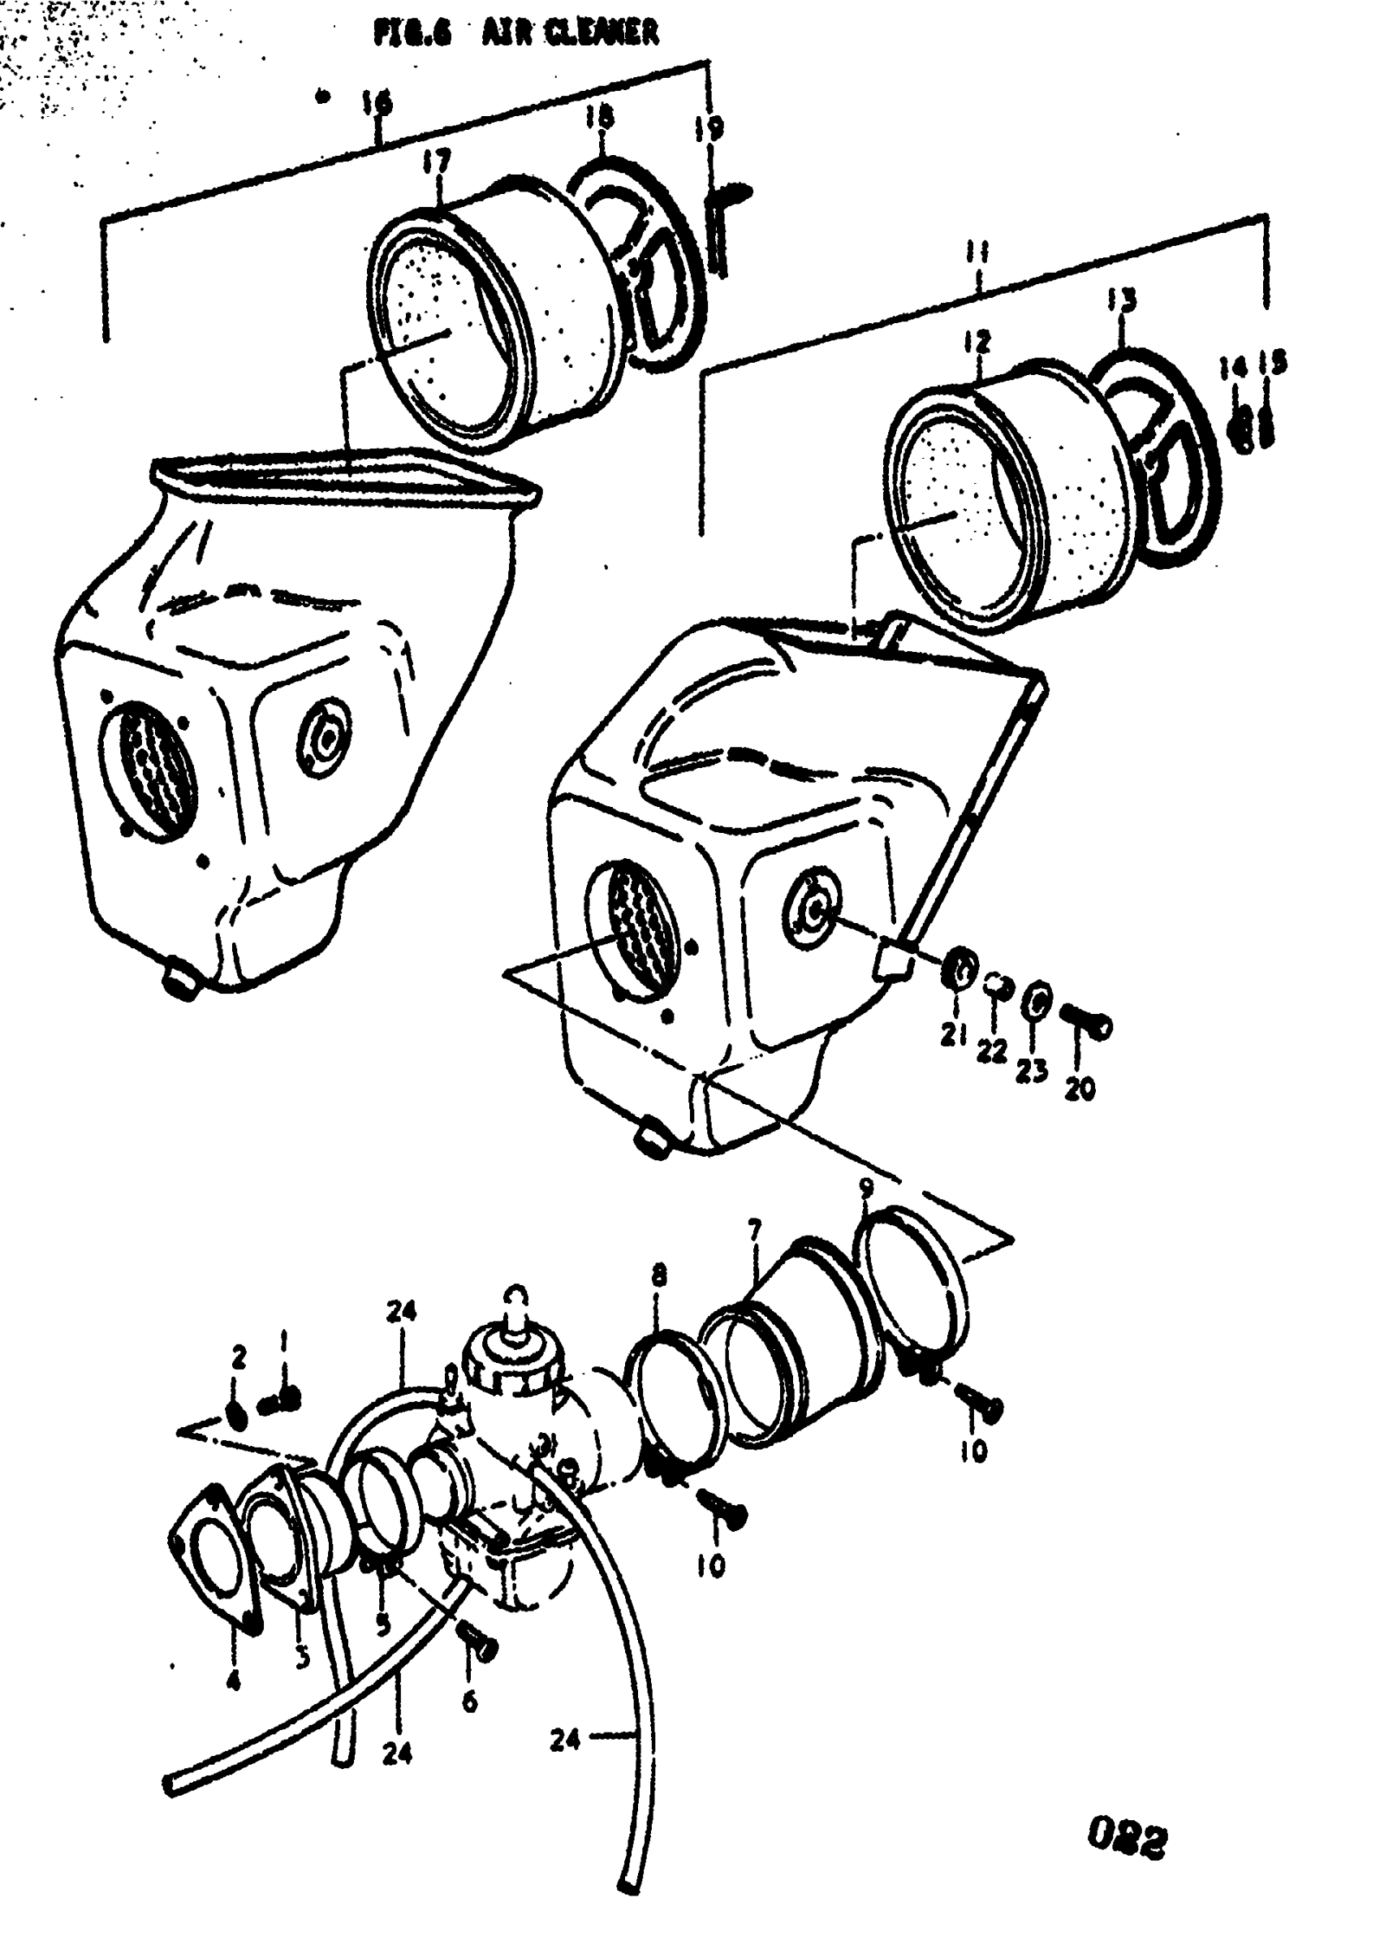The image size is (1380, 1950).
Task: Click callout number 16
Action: (x=377, y=104)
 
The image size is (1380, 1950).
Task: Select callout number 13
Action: (x=1122, y=301)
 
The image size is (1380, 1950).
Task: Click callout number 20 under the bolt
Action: (x=1079, y=1089)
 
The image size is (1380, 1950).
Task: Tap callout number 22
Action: (x=991, y=1051)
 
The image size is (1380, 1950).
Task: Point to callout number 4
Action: (x=233, y=1679)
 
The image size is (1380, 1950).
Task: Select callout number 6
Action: (x=469, y=1701)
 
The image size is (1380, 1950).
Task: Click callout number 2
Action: (x=239, y=1358)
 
